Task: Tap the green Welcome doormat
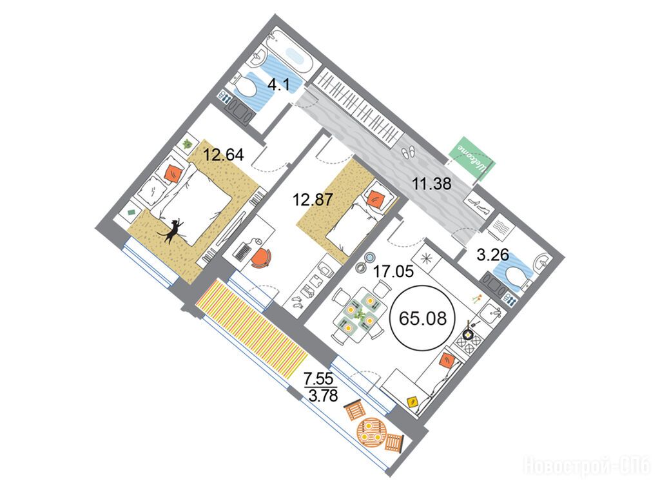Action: (472, 159)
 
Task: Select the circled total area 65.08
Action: (423, 318)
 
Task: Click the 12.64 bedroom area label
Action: (224, 155)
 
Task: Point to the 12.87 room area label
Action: (313, 199)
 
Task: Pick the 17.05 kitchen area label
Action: (394, 272)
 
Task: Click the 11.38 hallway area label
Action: (432, 184)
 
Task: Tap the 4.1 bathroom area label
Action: (278, 85)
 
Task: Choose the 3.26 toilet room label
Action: (492, 255)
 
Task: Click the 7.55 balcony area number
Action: (319, 379)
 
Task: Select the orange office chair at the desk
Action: (261, 258)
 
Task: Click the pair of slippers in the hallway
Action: (408, 152)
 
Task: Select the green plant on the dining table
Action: (360, 314)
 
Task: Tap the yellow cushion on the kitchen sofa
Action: (413, 402)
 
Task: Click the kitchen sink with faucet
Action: (490, 313)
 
